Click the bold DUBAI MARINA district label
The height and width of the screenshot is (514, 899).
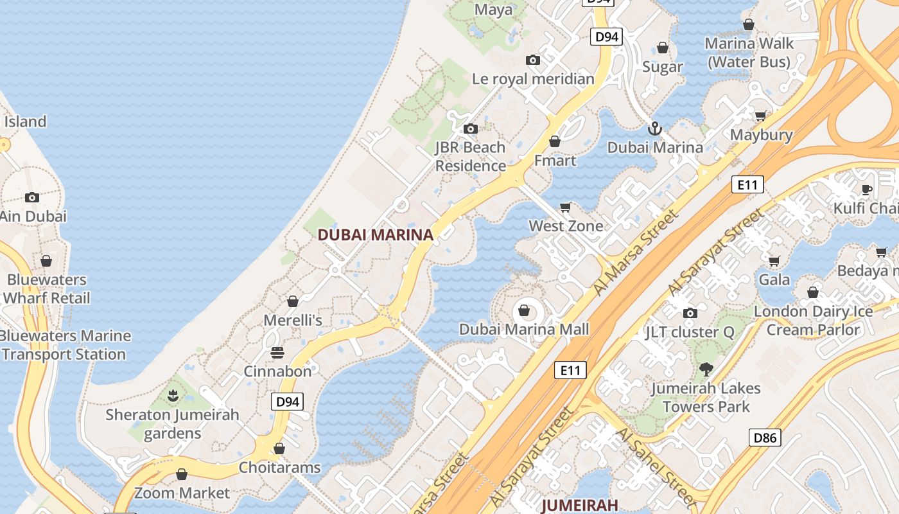(x=376, y=235)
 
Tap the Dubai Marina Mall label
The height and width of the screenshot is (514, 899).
(x=524, y=330)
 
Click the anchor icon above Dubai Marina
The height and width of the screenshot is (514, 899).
(x=654, y=128)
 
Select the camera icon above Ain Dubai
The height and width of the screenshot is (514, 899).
(x=32, y=197)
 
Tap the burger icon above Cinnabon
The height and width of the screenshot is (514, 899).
(x=277, y=352)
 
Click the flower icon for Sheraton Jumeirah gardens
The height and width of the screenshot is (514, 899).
(x=172, y=396)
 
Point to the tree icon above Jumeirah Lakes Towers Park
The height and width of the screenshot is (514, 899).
(x=706, y=369)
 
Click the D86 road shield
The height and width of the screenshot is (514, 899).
(x=765, y=438)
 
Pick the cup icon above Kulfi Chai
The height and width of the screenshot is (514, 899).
(x=866, y=190)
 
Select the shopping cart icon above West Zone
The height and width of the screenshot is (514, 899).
(x=565, y=207)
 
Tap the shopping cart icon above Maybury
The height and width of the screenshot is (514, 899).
(x=761, y=116)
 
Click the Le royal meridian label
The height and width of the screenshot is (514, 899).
(x=533, y=79)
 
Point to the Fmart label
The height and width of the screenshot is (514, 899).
(x=555, y=160)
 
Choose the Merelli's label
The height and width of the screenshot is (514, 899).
(x=293, y=320)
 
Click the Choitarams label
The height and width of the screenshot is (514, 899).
(x=279, y=467)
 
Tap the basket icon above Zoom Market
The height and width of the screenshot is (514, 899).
(x=182, y=474)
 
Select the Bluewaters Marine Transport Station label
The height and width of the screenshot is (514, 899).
(x=64, y=345)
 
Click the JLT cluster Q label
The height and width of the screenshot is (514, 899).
(x=690, y=332)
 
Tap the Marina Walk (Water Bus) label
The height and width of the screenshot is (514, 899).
(x=749, y=53)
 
